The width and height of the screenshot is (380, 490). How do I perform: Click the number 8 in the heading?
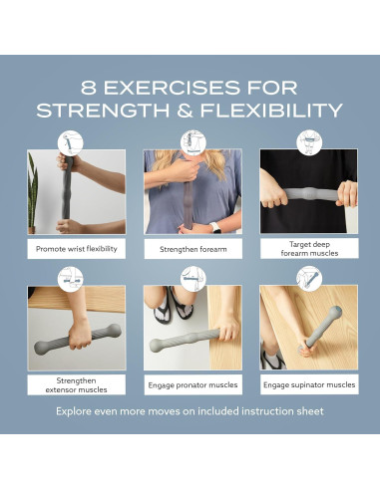click(89, 88)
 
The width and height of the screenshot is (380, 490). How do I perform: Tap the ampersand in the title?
click(185, 111)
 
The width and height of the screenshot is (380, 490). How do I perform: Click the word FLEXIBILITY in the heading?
click(271, 111)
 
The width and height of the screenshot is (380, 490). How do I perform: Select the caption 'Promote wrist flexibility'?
click(77, 249)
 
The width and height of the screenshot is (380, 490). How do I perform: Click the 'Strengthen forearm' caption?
click(193, 249)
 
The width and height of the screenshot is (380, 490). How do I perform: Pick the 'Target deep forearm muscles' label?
click(309, 249)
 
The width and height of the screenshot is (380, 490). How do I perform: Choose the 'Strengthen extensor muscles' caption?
click(76, 385)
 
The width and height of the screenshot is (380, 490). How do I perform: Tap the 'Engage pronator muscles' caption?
click(192, 385)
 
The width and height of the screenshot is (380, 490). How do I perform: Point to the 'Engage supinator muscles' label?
click(309, 384)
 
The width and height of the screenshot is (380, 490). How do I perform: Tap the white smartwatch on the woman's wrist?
click(216, 228)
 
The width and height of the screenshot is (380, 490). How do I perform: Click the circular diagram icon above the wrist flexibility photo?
click(70, 143)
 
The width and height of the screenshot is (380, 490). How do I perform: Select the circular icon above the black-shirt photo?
click(309, 142)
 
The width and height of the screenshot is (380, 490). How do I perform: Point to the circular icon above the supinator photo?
click(309, 279)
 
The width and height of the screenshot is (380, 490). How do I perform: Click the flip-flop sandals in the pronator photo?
click(174, 305)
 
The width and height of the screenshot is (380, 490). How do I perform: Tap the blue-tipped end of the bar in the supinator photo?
click(336, 312)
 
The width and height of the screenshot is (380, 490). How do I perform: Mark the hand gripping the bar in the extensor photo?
click(80, 335)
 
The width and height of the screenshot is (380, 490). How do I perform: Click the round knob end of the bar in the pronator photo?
click(156, 346)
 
